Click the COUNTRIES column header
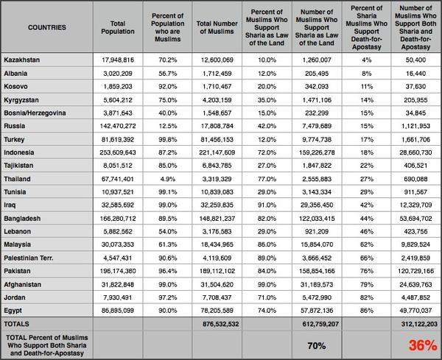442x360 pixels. point(47,27)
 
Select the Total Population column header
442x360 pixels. point(118,27)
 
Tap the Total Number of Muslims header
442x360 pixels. point(217,27)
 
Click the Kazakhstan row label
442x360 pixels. point(21,60)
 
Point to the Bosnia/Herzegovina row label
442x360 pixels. point(35,113)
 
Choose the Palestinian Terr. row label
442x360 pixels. point(29,258)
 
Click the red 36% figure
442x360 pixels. point(423,345)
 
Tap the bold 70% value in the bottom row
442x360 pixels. point(317,345)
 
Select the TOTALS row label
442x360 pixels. point(16,324)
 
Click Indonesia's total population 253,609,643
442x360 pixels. point(118,152)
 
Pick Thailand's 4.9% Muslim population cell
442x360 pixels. point(167,179)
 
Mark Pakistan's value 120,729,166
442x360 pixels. point(415,271)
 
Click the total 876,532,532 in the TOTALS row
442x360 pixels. point(221,324)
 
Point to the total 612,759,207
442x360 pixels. point(320,324)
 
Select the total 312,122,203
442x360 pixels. point(419,324)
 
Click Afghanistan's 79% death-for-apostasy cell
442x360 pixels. point(366,284)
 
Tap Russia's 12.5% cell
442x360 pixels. point(167,126)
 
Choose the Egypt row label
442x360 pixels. point(13,311)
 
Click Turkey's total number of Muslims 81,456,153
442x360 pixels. point(217,139)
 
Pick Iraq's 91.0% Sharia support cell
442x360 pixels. point(267,205)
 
